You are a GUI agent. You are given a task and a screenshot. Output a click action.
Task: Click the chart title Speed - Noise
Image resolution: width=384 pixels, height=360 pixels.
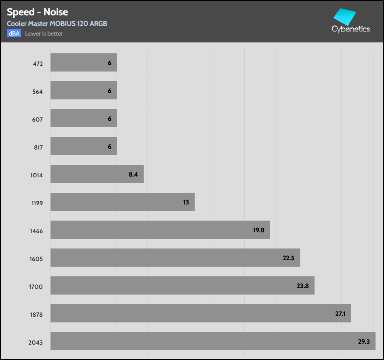37,12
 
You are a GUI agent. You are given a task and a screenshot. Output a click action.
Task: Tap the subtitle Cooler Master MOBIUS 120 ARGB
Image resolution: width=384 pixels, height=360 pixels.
57,23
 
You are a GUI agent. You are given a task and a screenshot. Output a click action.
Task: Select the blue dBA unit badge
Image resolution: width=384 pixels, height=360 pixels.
14,34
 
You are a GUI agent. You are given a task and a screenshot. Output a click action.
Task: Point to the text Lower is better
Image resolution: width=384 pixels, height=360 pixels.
44,34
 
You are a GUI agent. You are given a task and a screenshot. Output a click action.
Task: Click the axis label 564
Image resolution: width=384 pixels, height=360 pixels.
38,92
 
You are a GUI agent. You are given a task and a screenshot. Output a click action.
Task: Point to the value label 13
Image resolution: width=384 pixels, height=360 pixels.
186,202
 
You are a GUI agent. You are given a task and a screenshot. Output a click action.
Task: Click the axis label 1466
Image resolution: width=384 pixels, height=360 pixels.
36,231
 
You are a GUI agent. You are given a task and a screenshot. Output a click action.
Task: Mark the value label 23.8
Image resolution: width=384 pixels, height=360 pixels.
302,286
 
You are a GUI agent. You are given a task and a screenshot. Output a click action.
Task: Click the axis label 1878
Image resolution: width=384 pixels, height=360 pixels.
36,315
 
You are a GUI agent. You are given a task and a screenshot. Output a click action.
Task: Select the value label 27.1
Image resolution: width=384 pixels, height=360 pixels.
340,314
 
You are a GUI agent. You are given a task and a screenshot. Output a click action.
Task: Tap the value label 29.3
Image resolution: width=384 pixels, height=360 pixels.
364,341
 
